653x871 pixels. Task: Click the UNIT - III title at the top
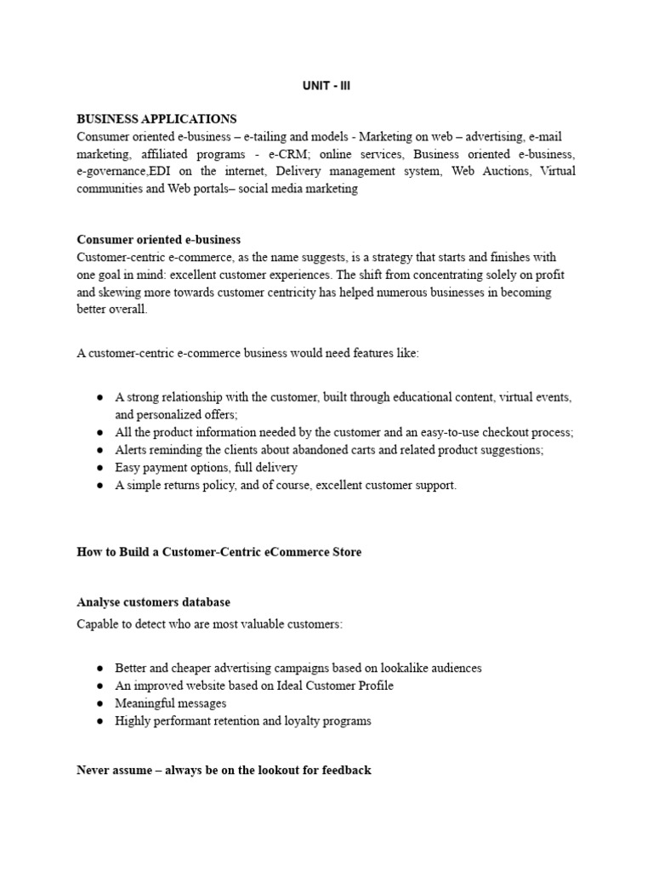click(x=326, y=86)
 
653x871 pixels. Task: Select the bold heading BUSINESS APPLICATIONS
click(x=156, y=119)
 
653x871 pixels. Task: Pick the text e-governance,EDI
click(x=125, y=172)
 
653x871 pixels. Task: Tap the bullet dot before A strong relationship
click(x=99, y=397)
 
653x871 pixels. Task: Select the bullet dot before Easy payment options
click(x=99, y=468)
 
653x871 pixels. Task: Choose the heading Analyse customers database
click(x=153, y=602)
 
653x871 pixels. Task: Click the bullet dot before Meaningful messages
click(x=99, y=703)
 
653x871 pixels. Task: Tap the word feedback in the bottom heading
click(x=346, y=771)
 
